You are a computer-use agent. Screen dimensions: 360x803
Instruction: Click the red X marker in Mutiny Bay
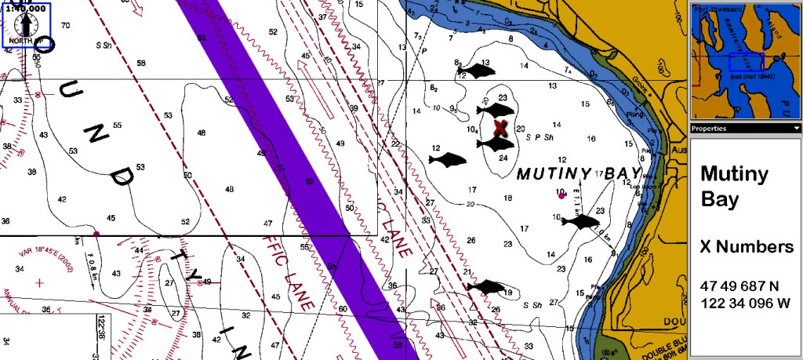(x=500, y=126)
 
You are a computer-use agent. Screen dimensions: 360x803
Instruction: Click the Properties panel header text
(x=709, y=128)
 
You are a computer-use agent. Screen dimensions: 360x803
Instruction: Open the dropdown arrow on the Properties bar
(x=797, y=128)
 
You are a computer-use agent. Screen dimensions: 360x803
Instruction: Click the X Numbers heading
(x=746, y=247)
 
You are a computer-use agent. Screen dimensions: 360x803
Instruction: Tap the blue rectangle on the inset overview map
(x=745, y=62)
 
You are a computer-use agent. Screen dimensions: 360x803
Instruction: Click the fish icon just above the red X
(x=495, y=109)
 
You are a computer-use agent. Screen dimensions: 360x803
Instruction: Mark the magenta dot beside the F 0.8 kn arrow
(x=96, y=233)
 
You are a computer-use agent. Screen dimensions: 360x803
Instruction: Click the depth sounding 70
(x=65, y=26)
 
